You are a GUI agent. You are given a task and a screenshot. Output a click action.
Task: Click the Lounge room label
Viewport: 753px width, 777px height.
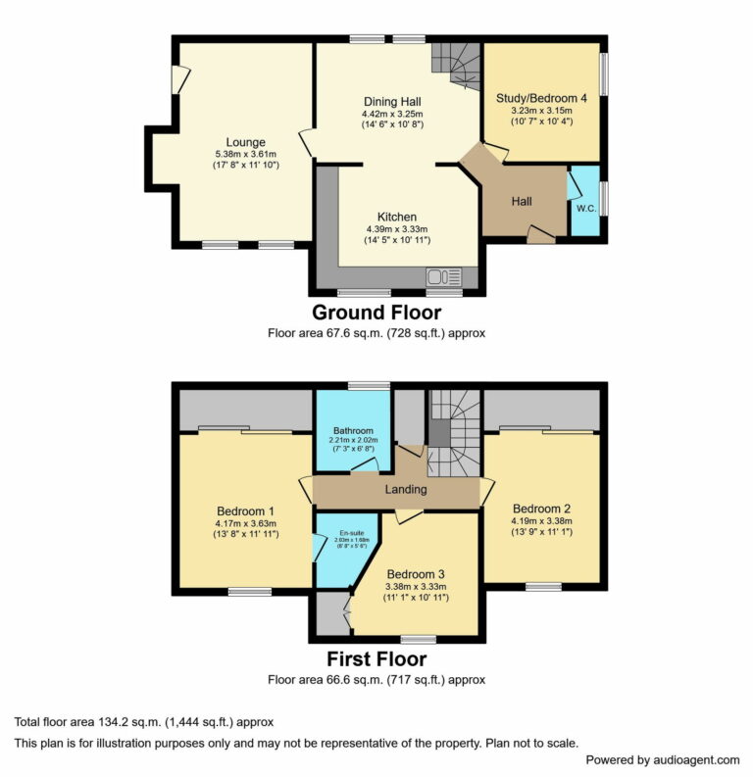tap(246, 142)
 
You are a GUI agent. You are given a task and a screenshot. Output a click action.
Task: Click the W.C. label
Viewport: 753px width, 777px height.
tap(586, 208)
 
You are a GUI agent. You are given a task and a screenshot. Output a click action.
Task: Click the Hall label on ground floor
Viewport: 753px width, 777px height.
tap(522, 201)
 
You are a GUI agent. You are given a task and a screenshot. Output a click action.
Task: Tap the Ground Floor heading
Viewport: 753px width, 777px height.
tap(376, 314)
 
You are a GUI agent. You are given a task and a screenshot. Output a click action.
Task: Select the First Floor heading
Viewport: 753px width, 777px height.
tap(376, 658)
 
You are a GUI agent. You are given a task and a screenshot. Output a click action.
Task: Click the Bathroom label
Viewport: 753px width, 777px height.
tap(352, 430)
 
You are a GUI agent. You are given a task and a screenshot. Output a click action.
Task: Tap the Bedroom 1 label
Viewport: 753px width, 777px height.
tap(245, 510)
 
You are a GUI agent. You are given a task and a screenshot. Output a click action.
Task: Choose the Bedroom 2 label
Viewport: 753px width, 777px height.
tap(540, 509)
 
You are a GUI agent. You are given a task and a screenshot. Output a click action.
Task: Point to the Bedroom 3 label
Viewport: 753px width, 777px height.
tap(416, 573)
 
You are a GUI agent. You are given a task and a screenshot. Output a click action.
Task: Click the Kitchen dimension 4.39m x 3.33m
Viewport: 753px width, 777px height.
tap(396, 228)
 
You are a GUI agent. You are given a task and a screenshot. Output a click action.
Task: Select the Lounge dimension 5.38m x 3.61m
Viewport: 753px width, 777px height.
tap(246, 154)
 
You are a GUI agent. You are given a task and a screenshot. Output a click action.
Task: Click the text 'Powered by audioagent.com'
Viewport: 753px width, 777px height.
tap(662, 759)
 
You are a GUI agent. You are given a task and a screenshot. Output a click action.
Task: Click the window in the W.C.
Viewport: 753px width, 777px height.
tap(602, 198)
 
